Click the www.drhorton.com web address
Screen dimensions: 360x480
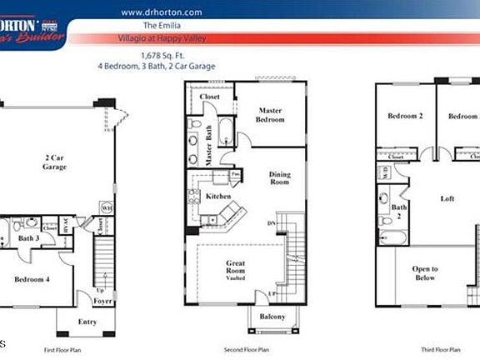[x=162, y=12]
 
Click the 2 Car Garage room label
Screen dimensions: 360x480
[x=55, y=162]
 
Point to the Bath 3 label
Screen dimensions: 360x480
[x=29, y=237]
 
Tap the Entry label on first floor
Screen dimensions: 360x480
[x=87, y=321]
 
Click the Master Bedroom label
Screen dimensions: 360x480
[x=270, y=115]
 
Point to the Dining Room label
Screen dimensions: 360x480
[x=279, y=178]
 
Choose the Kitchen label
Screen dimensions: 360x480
[x=218, y=196]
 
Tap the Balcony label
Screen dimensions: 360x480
[x=272, y=317]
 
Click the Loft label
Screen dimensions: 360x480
[x=447, y=198]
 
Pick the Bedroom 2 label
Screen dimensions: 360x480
[x=405, y=117]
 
